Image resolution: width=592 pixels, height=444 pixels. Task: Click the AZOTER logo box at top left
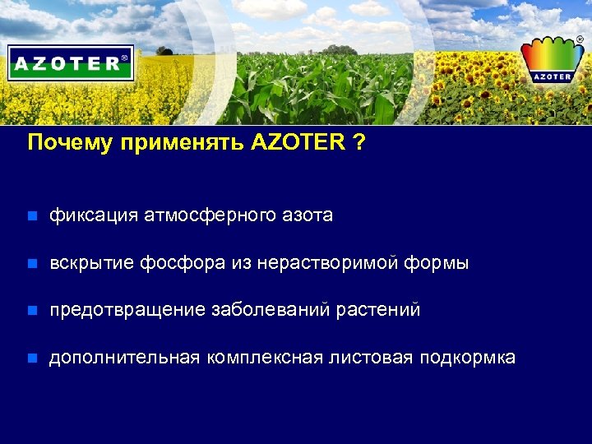click(71, 62)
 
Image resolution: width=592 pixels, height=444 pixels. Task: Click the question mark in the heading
click(359, 142)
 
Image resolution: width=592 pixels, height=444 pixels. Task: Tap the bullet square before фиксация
click(32, 217)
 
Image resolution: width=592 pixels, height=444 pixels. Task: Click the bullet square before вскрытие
click(32, 265)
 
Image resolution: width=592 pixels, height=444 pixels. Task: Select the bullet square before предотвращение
click(32, 312)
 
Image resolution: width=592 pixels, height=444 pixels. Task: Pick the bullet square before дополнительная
click(32, 358)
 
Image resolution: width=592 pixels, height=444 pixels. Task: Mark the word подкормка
click(467, 358)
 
